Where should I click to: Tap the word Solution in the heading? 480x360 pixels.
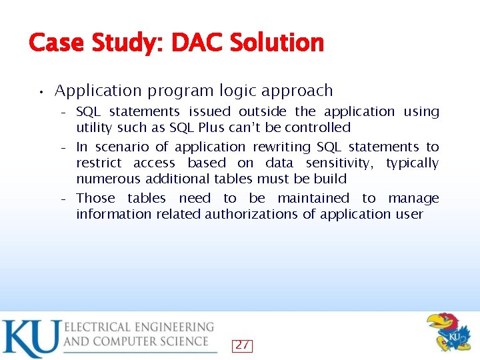(x=277, y=43)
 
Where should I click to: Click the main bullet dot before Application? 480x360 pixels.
(x=41, y=91)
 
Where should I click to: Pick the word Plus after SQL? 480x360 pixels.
(x=211, y=127)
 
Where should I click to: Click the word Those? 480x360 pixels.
(x=96, y=198)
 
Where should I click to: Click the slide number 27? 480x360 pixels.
(x=243, y=345)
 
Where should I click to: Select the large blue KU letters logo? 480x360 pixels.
(x=30, y=339)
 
